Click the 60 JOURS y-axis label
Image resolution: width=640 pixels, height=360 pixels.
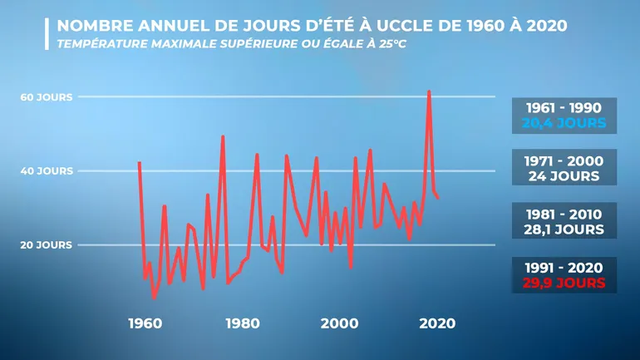47,97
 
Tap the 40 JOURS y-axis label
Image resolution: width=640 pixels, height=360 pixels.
47,171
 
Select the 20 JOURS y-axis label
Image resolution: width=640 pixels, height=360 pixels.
47,245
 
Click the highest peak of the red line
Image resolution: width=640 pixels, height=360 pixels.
429,91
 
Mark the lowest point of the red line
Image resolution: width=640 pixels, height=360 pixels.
154,297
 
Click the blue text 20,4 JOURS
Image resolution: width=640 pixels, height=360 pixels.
564,124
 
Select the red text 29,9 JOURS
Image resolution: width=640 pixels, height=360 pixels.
564,284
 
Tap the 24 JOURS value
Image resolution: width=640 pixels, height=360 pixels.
564,176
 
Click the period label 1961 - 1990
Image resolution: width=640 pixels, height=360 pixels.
564,108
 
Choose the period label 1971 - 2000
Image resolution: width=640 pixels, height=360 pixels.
564,160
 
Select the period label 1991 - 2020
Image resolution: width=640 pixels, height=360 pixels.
564,268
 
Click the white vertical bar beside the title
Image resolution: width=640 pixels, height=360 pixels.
47,33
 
